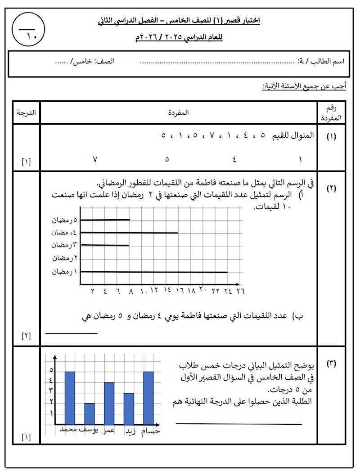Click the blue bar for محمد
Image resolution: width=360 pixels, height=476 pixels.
(70, 398)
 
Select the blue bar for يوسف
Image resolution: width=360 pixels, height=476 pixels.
(90, 413)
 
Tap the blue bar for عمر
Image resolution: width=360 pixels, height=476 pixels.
(109, 403)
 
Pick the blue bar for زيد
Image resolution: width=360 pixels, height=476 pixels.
(129, 409)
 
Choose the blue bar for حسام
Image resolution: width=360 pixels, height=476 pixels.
(148, 398)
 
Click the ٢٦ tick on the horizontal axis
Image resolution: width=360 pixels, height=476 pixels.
(240, 291)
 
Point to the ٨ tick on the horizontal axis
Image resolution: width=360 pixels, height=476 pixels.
(130, 291)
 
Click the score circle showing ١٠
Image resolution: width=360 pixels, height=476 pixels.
(29, 30)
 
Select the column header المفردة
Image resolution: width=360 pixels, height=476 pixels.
(179, 112)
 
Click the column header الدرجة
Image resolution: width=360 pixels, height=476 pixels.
(26, 112)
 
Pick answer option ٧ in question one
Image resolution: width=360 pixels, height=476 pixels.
(95, 159)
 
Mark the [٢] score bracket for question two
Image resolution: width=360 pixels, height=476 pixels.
(26, 336)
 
